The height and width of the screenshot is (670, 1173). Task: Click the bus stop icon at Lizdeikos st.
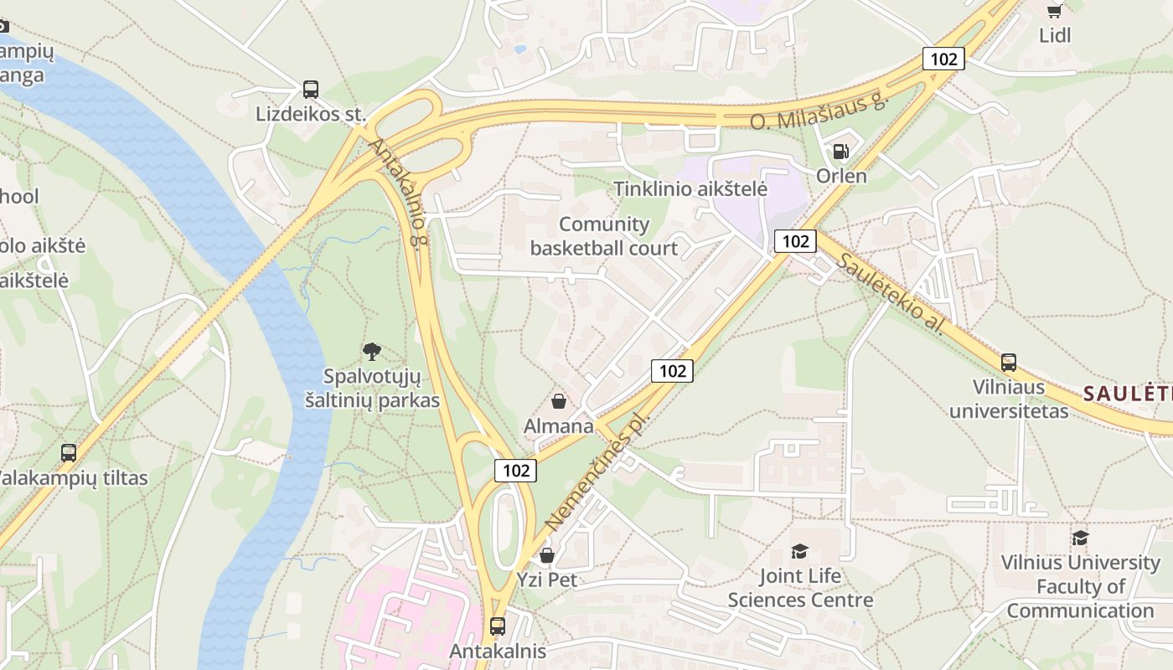pyautogui.click(x=311, y=90)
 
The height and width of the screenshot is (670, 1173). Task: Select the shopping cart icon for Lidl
pyautogui.click(x=1055, y=11)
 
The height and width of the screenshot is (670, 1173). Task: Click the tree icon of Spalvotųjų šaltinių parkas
pyautogui.click(x=372, y=352)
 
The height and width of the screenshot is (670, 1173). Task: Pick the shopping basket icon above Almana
pyautogui.click(x=559, y=401)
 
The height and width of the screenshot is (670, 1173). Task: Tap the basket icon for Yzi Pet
pyautogui.click(x=547, y=555)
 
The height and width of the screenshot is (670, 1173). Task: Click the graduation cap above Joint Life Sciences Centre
pyautogui.click(x=800, y=551)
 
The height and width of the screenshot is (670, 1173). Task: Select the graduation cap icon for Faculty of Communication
pyautogui.click(x=1080, y=538)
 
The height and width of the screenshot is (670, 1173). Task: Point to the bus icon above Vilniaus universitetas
pyautogui.click(x=1009, y=363)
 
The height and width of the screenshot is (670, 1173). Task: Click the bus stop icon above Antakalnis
pyautogui.click(x=498, y=626)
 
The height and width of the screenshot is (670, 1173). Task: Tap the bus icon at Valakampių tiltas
pyautogui.click(x=69, y=453)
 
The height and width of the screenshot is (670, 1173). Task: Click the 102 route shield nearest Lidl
pyautogui.click(x=943, y=59)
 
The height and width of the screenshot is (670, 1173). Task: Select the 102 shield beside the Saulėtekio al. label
pyautogui.click(x=794, y=241)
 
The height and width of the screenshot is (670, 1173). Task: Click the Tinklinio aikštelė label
pyautogui.click(x=690, y=188)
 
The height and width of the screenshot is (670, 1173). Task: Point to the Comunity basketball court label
pyautogui.click(x=604, y=236)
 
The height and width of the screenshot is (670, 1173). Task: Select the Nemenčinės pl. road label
pyautogui.click(x=597, y=472)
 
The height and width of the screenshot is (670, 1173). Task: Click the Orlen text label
pyautogui.click(x=841, y=176)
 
